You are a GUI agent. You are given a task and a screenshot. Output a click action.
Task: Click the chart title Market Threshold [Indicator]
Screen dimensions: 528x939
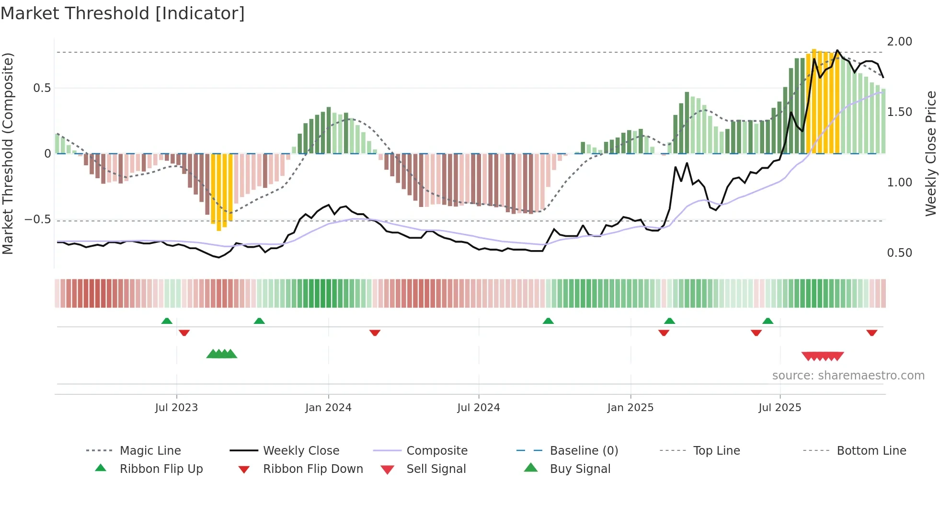(123, 13)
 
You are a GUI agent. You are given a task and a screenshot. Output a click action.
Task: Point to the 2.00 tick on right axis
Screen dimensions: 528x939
(899, 42)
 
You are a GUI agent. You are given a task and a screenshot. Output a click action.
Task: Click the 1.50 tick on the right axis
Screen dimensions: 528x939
(899, 112)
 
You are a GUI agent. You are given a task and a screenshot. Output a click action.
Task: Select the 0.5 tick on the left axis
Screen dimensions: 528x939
(42, 88)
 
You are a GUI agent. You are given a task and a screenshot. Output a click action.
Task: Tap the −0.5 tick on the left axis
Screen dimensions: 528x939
(37, 219)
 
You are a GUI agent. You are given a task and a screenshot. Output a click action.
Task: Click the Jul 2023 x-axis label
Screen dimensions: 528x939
(176, 408)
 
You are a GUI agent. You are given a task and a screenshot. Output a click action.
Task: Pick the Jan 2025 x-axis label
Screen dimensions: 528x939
(630, 408)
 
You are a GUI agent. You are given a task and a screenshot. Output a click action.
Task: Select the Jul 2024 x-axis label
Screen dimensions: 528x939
(478, 408)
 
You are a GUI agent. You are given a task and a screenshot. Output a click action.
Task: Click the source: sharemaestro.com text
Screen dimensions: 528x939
(848, 376)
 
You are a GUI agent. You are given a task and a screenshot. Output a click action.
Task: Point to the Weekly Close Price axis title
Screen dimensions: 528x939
(930, 153)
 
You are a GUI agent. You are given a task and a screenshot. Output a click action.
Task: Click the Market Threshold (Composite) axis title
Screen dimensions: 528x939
(8, 153)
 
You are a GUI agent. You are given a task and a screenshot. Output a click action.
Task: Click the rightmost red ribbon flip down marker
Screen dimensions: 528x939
(871, 333)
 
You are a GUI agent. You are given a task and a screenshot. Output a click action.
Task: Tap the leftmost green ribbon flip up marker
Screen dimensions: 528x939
(167, 321)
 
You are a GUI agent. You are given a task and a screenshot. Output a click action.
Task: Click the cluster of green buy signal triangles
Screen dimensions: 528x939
(221, 354)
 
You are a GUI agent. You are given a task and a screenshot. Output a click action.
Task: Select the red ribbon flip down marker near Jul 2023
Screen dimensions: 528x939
(184, 333)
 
